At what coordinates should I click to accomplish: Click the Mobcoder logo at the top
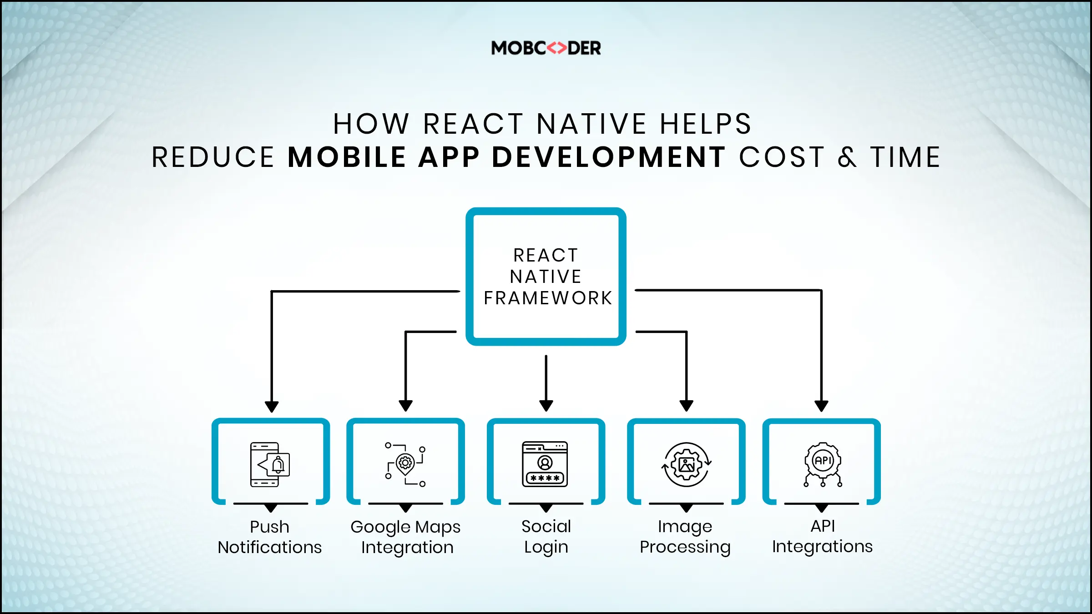point(546,48)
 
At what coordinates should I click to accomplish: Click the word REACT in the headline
point(473,124)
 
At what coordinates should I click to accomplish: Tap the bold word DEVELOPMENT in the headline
point(609,157)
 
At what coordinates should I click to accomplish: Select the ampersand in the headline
point(847,157)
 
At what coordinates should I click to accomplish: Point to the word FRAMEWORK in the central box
point(548,298)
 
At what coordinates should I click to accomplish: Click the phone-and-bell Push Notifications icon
point(270,464)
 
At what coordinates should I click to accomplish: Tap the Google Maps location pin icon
point(405,464)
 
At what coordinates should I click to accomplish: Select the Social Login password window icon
point(545,464)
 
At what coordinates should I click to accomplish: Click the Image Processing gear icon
point(686,464)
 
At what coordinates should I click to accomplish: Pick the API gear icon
point(823,464)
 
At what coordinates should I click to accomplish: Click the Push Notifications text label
point(270,537)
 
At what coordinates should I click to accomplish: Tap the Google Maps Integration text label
point(406,537)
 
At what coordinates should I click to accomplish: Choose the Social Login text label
point(546,537)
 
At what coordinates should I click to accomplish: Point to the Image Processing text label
point(685,537)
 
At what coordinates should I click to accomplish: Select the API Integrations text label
point(822,536)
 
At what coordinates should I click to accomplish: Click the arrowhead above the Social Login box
point(546,405)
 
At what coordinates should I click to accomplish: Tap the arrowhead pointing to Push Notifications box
point(272,406)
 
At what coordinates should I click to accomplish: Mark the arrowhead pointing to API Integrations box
point(821,406)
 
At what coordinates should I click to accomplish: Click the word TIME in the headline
point(905,157)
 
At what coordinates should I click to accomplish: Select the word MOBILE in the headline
point(347,157)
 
